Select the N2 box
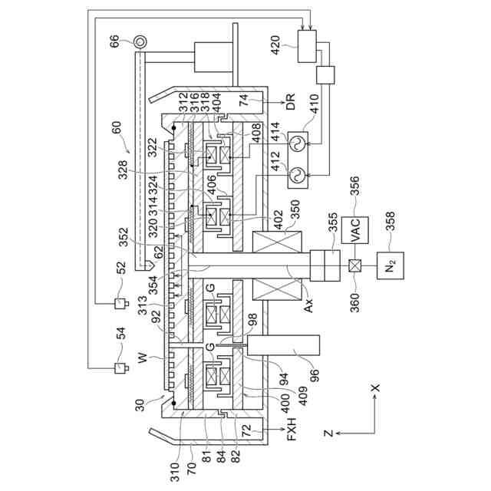click(391, 266)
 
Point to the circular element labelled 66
click(140, 41)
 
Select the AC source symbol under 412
click(293, 177)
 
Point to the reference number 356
click(356, 188)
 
